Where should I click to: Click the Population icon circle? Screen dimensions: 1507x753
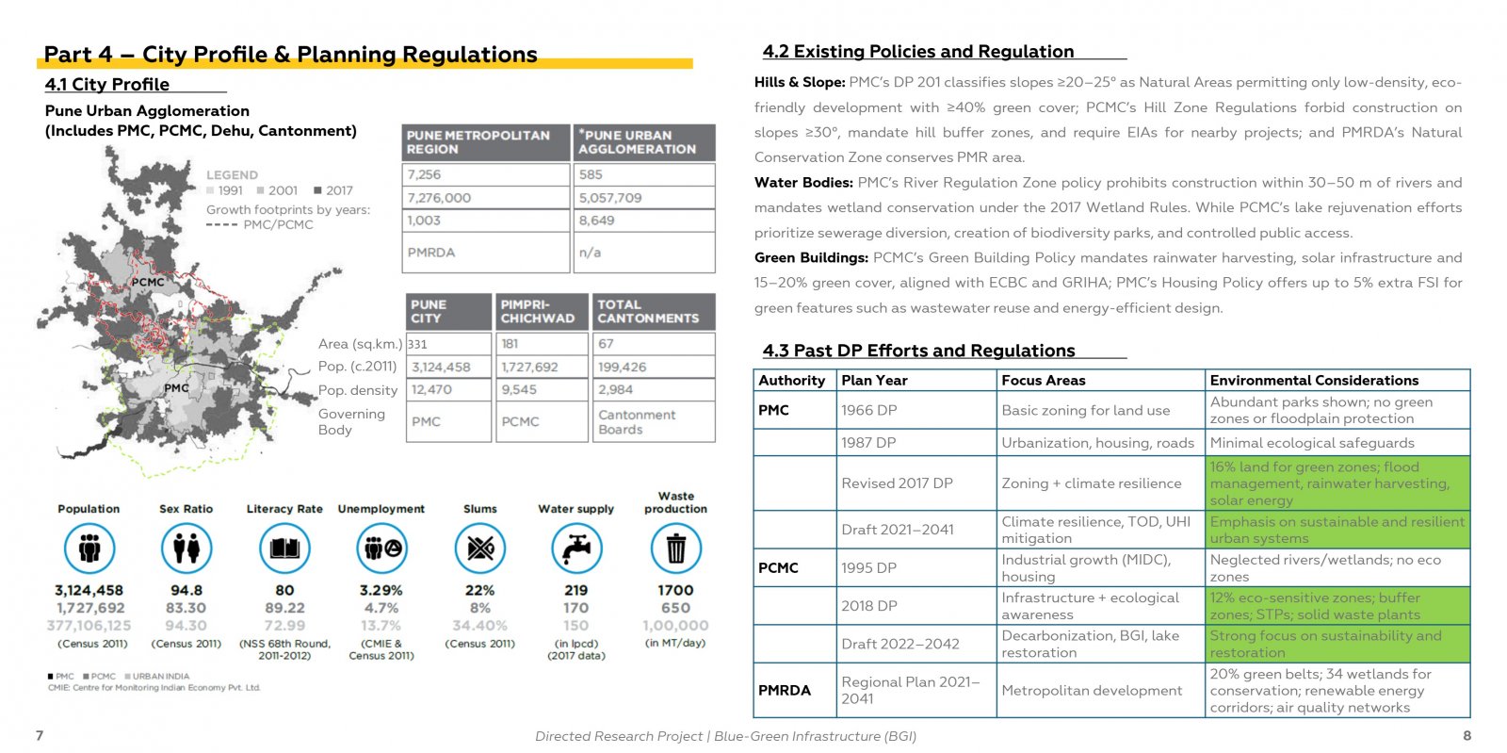pos(89,548)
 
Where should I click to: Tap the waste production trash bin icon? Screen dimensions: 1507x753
pos(675,548)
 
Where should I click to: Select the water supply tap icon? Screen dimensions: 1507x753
pos(576,548)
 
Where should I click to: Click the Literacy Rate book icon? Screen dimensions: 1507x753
pos(284,548)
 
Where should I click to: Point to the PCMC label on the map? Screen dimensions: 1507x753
pos(147,282)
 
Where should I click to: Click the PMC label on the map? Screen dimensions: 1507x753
pos(176,387)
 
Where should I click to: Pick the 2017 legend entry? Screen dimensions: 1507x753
pos(333,190)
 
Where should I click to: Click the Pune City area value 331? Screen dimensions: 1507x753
pos(418,344)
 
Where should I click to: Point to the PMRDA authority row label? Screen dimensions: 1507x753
pos(785,691)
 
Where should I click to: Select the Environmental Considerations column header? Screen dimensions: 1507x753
pos(1314,380)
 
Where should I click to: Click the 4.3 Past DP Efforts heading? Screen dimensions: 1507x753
pos(918,351)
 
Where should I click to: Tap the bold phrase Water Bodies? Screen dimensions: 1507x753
pos(803,183)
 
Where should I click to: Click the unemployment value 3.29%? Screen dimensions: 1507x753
pos(381,590)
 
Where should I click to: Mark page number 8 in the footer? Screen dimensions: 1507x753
pos(1467,735)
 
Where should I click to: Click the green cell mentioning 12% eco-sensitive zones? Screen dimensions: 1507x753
pos(1337,606)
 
